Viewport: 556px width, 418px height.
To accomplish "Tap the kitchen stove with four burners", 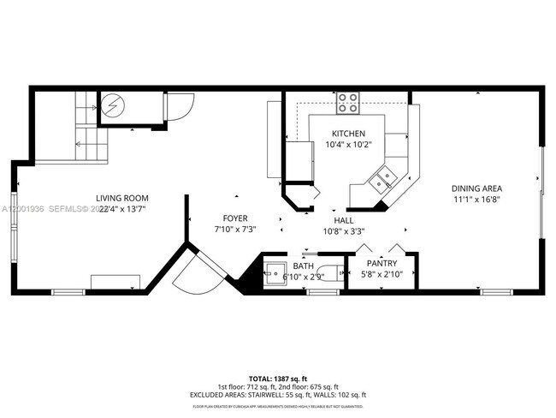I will (347, 103).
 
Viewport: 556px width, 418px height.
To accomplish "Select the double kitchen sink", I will (382, 179).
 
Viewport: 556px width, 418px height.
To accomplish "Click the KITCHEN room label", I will (349, 134).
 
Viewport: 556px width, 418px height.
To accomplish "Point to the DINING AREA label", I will (476, 188).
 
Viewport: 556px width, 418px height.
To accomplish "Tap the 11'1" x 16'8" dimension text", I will (476, 200).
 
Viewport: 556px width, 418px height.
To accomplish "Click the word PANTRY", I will (381, 264).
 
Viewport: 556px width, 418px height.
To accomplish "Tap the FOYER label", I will (235, 218).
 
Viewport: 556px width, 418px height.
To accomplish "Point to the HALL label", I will (355, 219).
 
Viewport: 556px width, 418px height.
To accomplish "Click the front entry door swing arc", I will (192, 274).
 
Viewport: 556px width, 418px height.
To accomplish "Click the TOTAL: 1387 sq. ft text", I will (278, 378).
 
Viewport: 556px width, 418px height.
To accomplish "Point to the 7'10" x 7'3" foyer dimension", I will (235, 230).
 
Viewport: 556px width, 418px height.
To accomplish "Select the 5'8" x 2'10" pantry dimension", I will (381, 274).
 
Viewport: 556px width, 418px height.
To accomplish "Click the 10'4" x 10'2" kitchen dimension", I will (349, 145).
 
